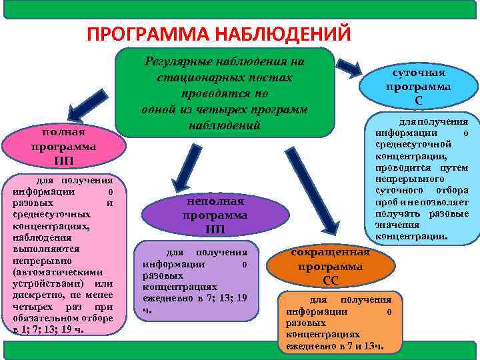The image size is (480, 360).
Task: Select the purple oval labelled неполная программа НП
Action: coord(215,215)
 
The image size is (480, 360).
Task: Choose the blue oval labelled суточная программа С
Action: coord(418,86)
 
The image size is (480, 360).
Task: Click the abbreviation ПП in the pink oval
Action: coord(58,161)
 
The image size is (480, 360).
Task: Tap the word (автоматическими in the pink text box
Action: coord(57,272)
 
